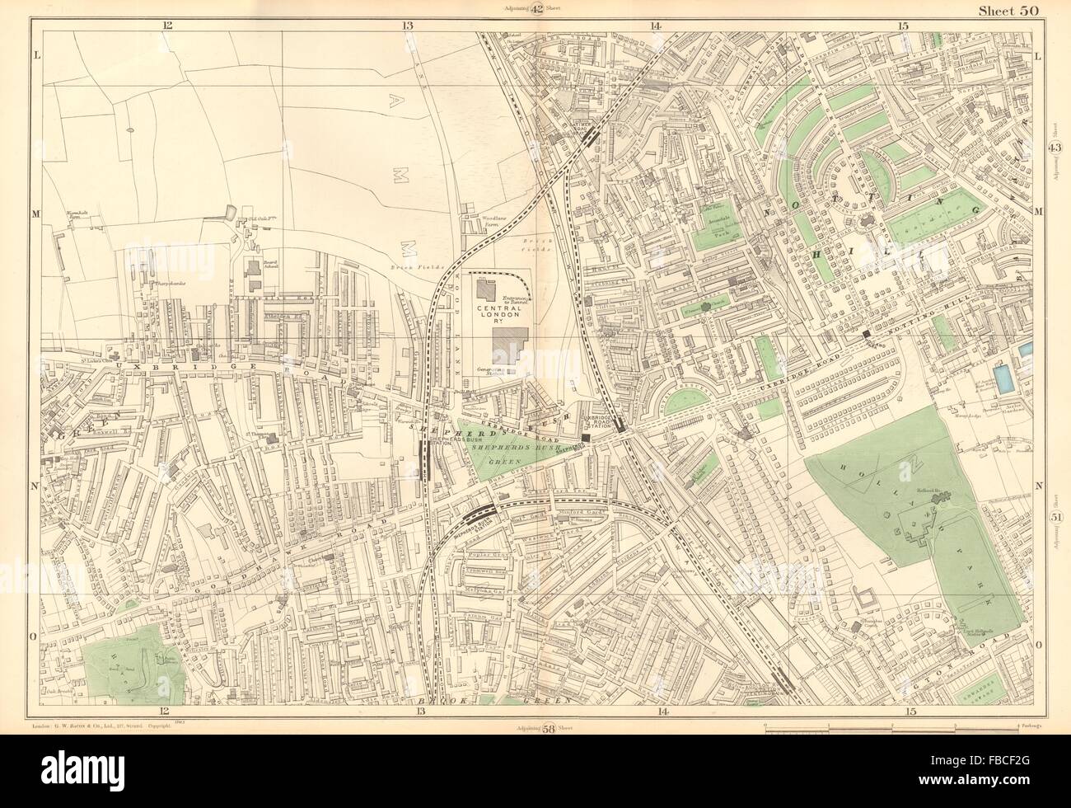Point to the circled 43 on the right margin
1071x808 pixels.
point(1055,147)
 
